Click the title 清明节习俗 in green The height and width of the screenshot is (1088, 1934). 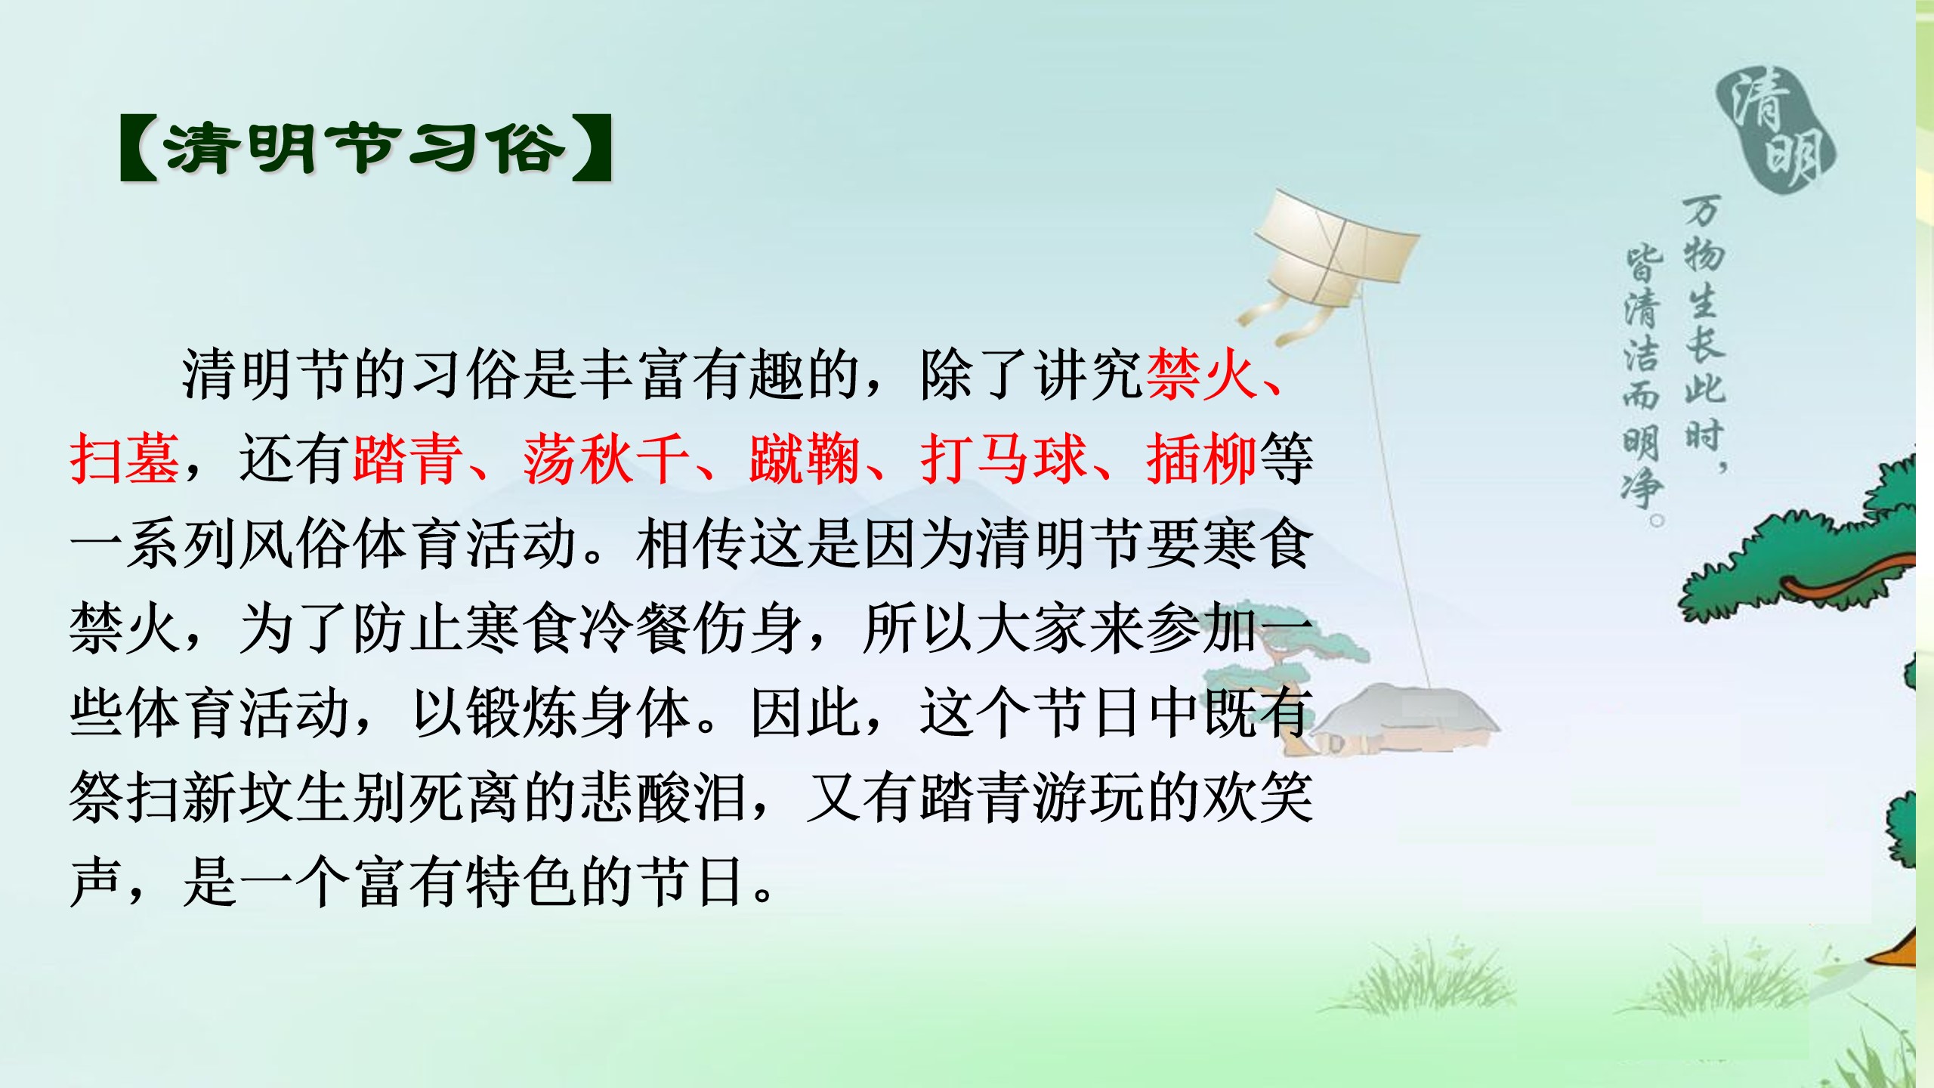[365, 148]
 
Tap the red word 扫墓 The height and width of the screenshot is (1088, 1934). [125, 459]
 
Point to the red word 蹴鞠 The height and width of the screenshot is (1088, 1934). [805, 459]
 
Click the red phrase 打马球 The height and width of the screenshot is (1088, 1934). [1004, 459]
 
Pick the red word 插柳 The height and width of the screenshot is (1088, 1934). [1201, 459]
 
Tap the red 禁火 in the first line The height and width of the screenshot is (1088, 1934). [1201, 375]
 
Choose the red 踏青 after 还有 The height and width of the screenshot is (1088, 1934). [408, 459]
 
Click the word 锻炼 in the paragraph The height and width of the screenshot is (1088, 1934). [521, 713]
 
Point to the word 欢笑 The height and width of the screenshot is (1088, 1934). [1258, 798]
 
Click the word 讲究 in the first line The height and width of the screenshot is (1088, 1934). [1088, 375]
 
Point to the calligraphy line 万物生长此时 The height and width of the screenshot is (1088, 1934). [1704, 332]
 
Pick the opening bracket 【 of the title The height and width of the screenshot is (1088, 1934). [139, 148]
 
